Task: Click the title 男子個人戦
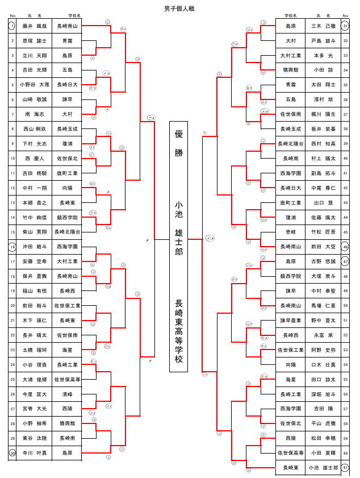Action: pyautogui.click(x=179, y=9)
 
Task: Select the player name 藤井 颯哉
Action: pyautogui.click(x=35, y=26)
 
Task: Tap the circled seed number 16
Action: pyautogui.click(x=12, y=247)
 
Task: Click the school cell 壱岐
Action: pyautogui.click(x=291, y=232)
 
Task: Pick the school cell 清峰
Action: pyautogui.click(x=67, y=394)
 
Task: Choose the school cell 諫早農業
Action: pyautogui.click(x=291, y=321)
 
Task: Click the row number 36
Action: pyautogui.click(x=346, y=100)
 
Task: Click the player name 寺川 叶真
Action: pyautogui.click(x=35, y=453)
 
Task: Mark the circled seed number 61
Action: pyautogui.click(x=346, y=467)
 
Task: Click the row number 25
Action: pyautogui.click(x=12, y=379)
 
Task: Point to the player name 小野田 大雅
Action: pyautogui.click(x=35, y=85)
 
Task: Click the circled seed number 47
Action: pyautogui.click(x=346, y=261)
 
